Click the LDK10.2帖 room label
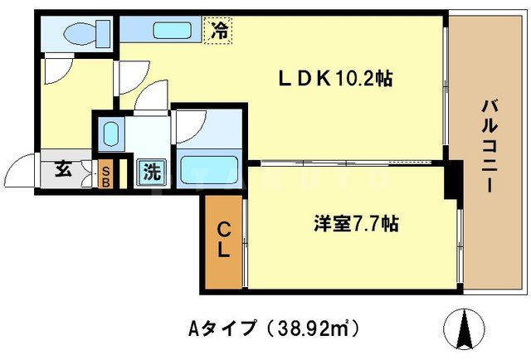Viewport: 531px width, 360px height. [x=334, y=79]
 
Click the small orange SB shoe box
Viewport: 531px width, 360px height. [x=106, y=175]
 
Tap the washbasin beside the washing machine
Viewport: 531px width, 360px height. [x=110, y=133]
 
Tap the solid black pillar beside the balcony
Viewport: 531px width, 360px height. [x=451, y=179]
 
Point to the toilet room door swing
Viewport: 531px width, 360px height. [x=60, y=71]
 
